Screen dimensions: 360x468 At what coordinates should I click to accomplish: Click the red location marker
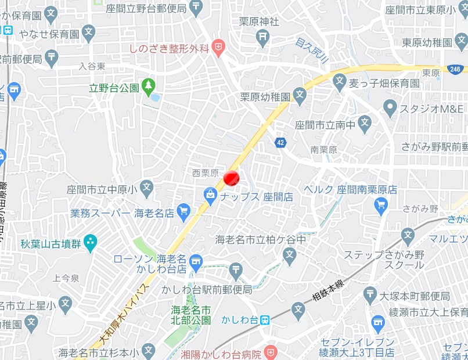(x=231, y=178)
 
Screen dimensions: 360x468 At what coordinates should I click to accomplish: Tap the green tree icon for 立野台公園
(x=149, y=87)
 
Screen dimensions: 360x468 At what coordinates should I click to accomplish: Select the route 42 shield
(x=281, y=142)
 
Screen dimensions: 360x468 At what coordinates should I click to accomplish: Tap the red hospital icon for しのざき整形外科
(x=218, y=48)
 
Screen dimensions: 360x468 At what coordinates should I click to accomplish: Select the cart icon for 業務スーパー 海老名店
(x=184, y=211)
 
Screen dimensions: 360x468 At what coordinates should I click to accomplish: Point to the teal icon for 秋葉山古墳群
(x=90, y=243)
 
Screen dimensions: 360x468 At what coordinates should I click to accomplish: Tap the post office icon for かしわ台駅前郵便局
(x=236, y=269)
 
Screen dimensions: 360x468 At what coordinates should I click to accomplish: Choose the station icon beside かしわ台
(x=265, y=319)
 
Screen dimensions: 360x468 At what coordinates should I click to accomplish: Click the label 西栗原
(x=206, y=173)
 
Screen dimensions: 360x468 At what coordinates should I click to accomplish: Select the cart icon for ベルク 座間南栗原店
(x=381, y=203)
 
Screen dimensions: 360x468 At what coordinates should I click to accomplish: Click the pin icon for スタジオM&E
(x=390, y=107)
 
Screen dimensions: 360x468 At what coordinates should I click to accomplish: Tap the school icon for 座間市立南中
(x=364, y=123)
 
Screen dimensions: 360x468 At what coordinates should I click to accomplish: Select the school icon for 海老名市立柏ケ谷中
(x=289, y=254)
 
